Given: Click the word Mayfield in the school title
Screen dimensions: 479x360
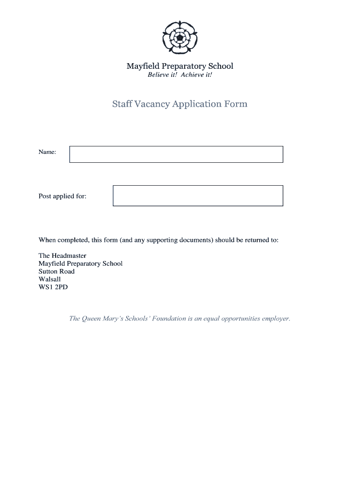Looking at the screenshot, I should pos(143,66).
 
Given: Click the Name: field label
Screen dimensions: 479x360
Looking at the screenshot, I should pos(47,152).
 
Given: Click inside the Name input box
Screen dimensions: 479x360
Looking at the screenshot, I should pos(176,154).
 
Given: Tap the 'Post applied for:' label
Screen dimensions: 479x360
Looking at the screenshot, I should pos(62,196).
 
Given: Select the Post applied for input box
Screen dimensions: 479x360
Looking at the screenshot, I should pos(198,196).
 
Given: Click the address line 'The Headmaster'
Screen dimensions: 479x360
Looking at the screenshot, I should pos(62,256).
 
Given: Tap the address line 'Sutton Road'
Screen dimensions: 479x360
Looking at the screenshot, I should pos(57,271).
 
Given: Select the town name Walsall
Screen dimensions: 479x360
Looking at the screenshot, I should pos(50,279).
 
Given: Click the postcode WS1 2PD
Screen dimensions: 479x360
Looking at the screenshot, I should pos(53,287).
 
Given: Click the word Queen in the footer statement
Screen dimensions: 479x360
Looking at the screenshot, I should pos(91,319).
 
